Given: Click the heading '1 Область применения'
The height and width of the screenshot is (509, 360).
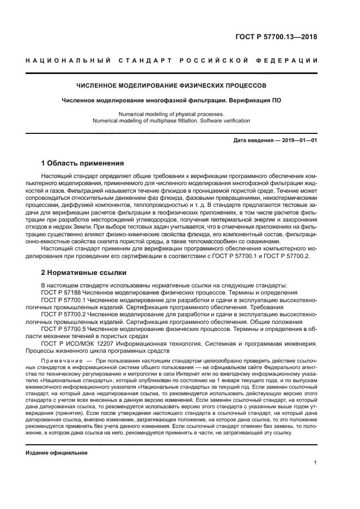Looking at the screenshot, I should (83, 163).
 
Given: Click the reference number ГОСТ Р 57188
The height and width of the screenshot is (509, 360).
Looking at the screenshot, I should (61, 293).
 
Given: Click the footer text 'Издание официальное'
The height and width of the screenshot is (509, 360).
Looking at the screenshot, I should (56, 453).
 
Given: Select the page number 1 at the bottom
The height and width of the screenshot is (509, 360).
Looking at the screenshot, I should (315, 463).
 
